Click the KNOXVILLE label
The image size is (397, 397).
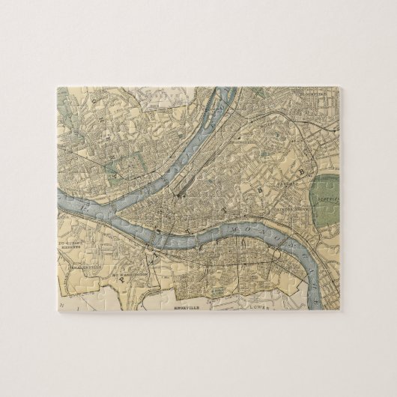click(x=184, y=306)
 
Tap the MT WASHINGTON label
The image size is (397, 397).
click(x=127, y=276)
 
